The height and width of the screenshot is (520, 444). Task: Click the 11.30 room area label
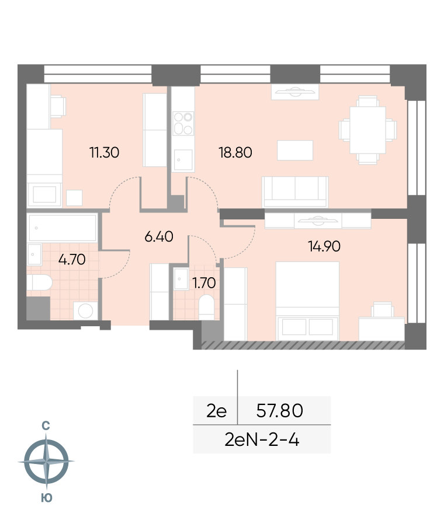[104, 152]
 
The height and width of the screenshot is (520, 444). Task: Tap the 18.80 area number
[235, 152]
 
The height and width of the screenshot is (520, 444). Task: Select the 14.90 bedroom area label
[324, 246]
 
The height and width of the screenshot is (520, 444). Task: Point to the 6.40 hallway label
[159, 237]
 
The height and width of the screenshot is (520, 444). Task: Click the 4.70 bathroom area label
[72, 259]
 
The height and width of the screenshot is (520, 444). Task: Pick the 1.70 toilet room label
[204, 283]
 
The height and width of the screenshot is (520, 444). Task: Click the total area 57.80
[280, 410]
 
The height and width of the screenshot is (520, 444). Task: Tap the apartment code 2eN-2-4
[262, 440]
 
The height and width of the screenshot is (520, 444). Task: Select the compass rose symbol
[46, 461]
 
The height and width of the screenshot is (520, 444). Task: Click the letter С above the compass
[46, 425]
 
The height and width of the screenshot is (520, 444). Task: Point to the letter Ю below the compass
[47, 498]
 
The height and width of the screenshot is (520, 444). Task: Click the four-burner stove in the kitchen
[183, 124]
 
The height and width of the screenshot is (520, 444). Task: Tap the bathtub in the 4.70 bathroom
[63, 228]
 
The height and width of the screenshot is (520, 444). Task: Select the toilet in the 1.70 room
[206, 307]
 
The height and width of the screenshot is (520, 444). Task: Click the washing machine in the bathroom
[85, 310]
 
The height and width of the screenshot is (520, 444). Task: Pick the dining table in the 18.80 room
[367, 130]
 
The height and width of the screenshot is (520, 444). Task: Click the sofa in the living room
[295, 192]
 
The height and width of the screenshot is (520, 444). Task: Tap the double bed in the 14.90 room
[307, 301]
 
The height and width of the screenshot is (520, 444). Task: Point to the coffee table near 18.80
[295, 150]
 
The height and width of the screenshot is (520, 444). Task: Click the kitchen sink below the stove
[183, 160]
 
